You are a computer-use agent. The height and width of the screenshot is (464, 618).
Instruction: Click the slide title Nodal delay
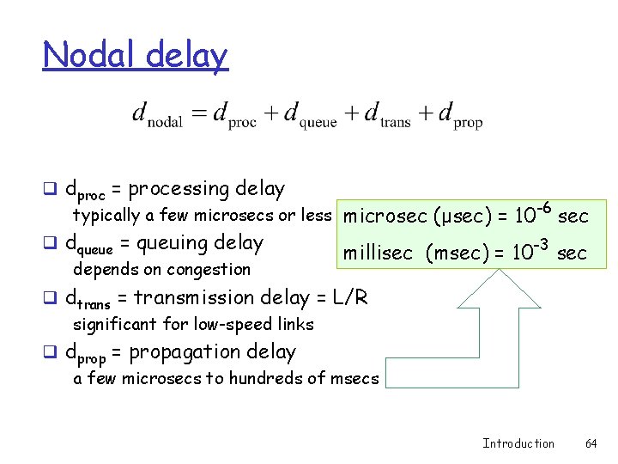point(136,55)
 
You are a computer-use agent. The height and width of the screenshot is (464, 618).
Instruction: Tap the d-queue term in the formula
point(310,115)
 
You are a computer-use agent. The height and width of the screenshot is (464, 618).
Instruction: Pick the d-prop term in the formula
point(460,115)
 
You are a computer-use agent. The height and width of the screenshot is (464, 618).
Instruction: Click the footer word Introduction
point(518,443)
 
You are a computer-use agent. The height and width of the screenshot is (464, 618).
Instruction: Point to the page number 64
point(591,443)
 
